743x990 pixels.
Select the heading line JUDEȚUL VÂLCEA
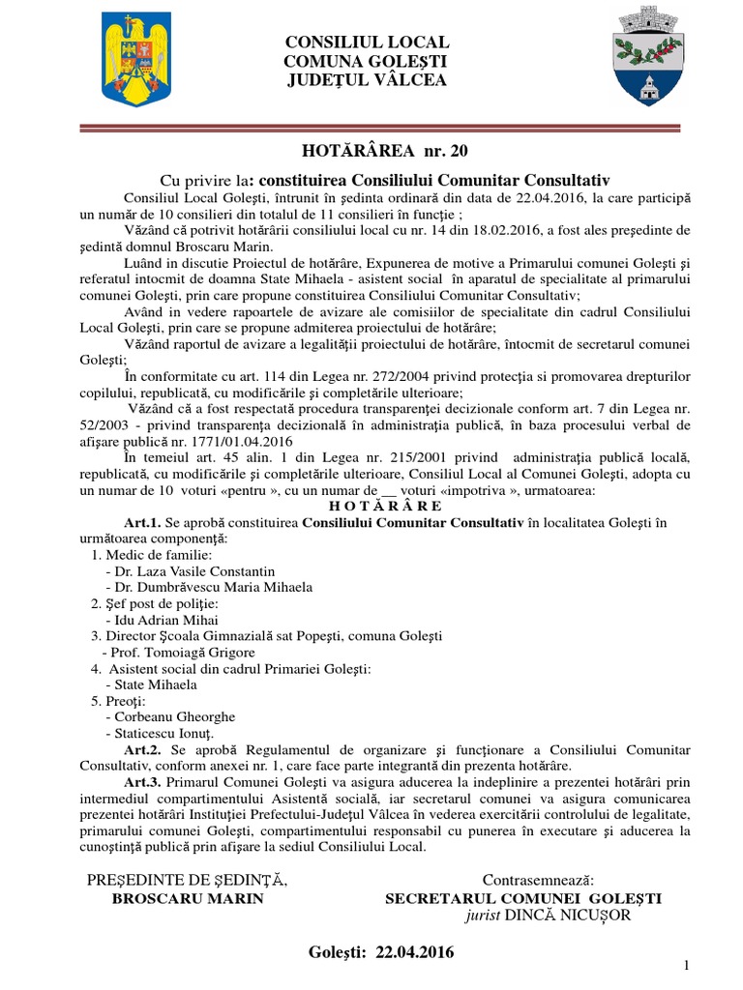pyautogui.click(x=367, y=79)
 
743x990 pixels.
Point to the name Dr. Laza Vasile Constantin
pyautogui.click(x=190, y=571)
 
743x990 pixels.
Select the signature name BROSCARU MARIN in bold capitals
pyautogui.click(x=189, y=897)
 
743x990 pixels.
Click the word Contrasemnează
pyautogui.click(x=538, y=880)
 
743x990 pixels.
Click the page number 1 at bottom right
pyautogui.click(x=686, y=966)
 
